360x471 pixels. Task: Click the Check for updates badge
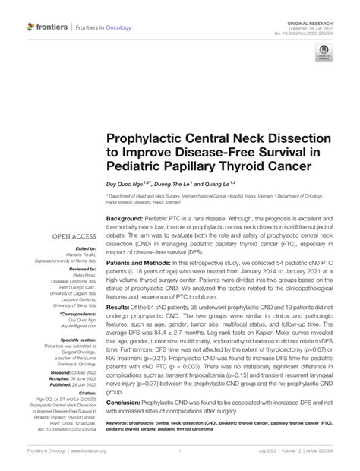[x=323, y=55]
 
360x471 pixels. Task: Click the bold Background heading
[x=127, y=218]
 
